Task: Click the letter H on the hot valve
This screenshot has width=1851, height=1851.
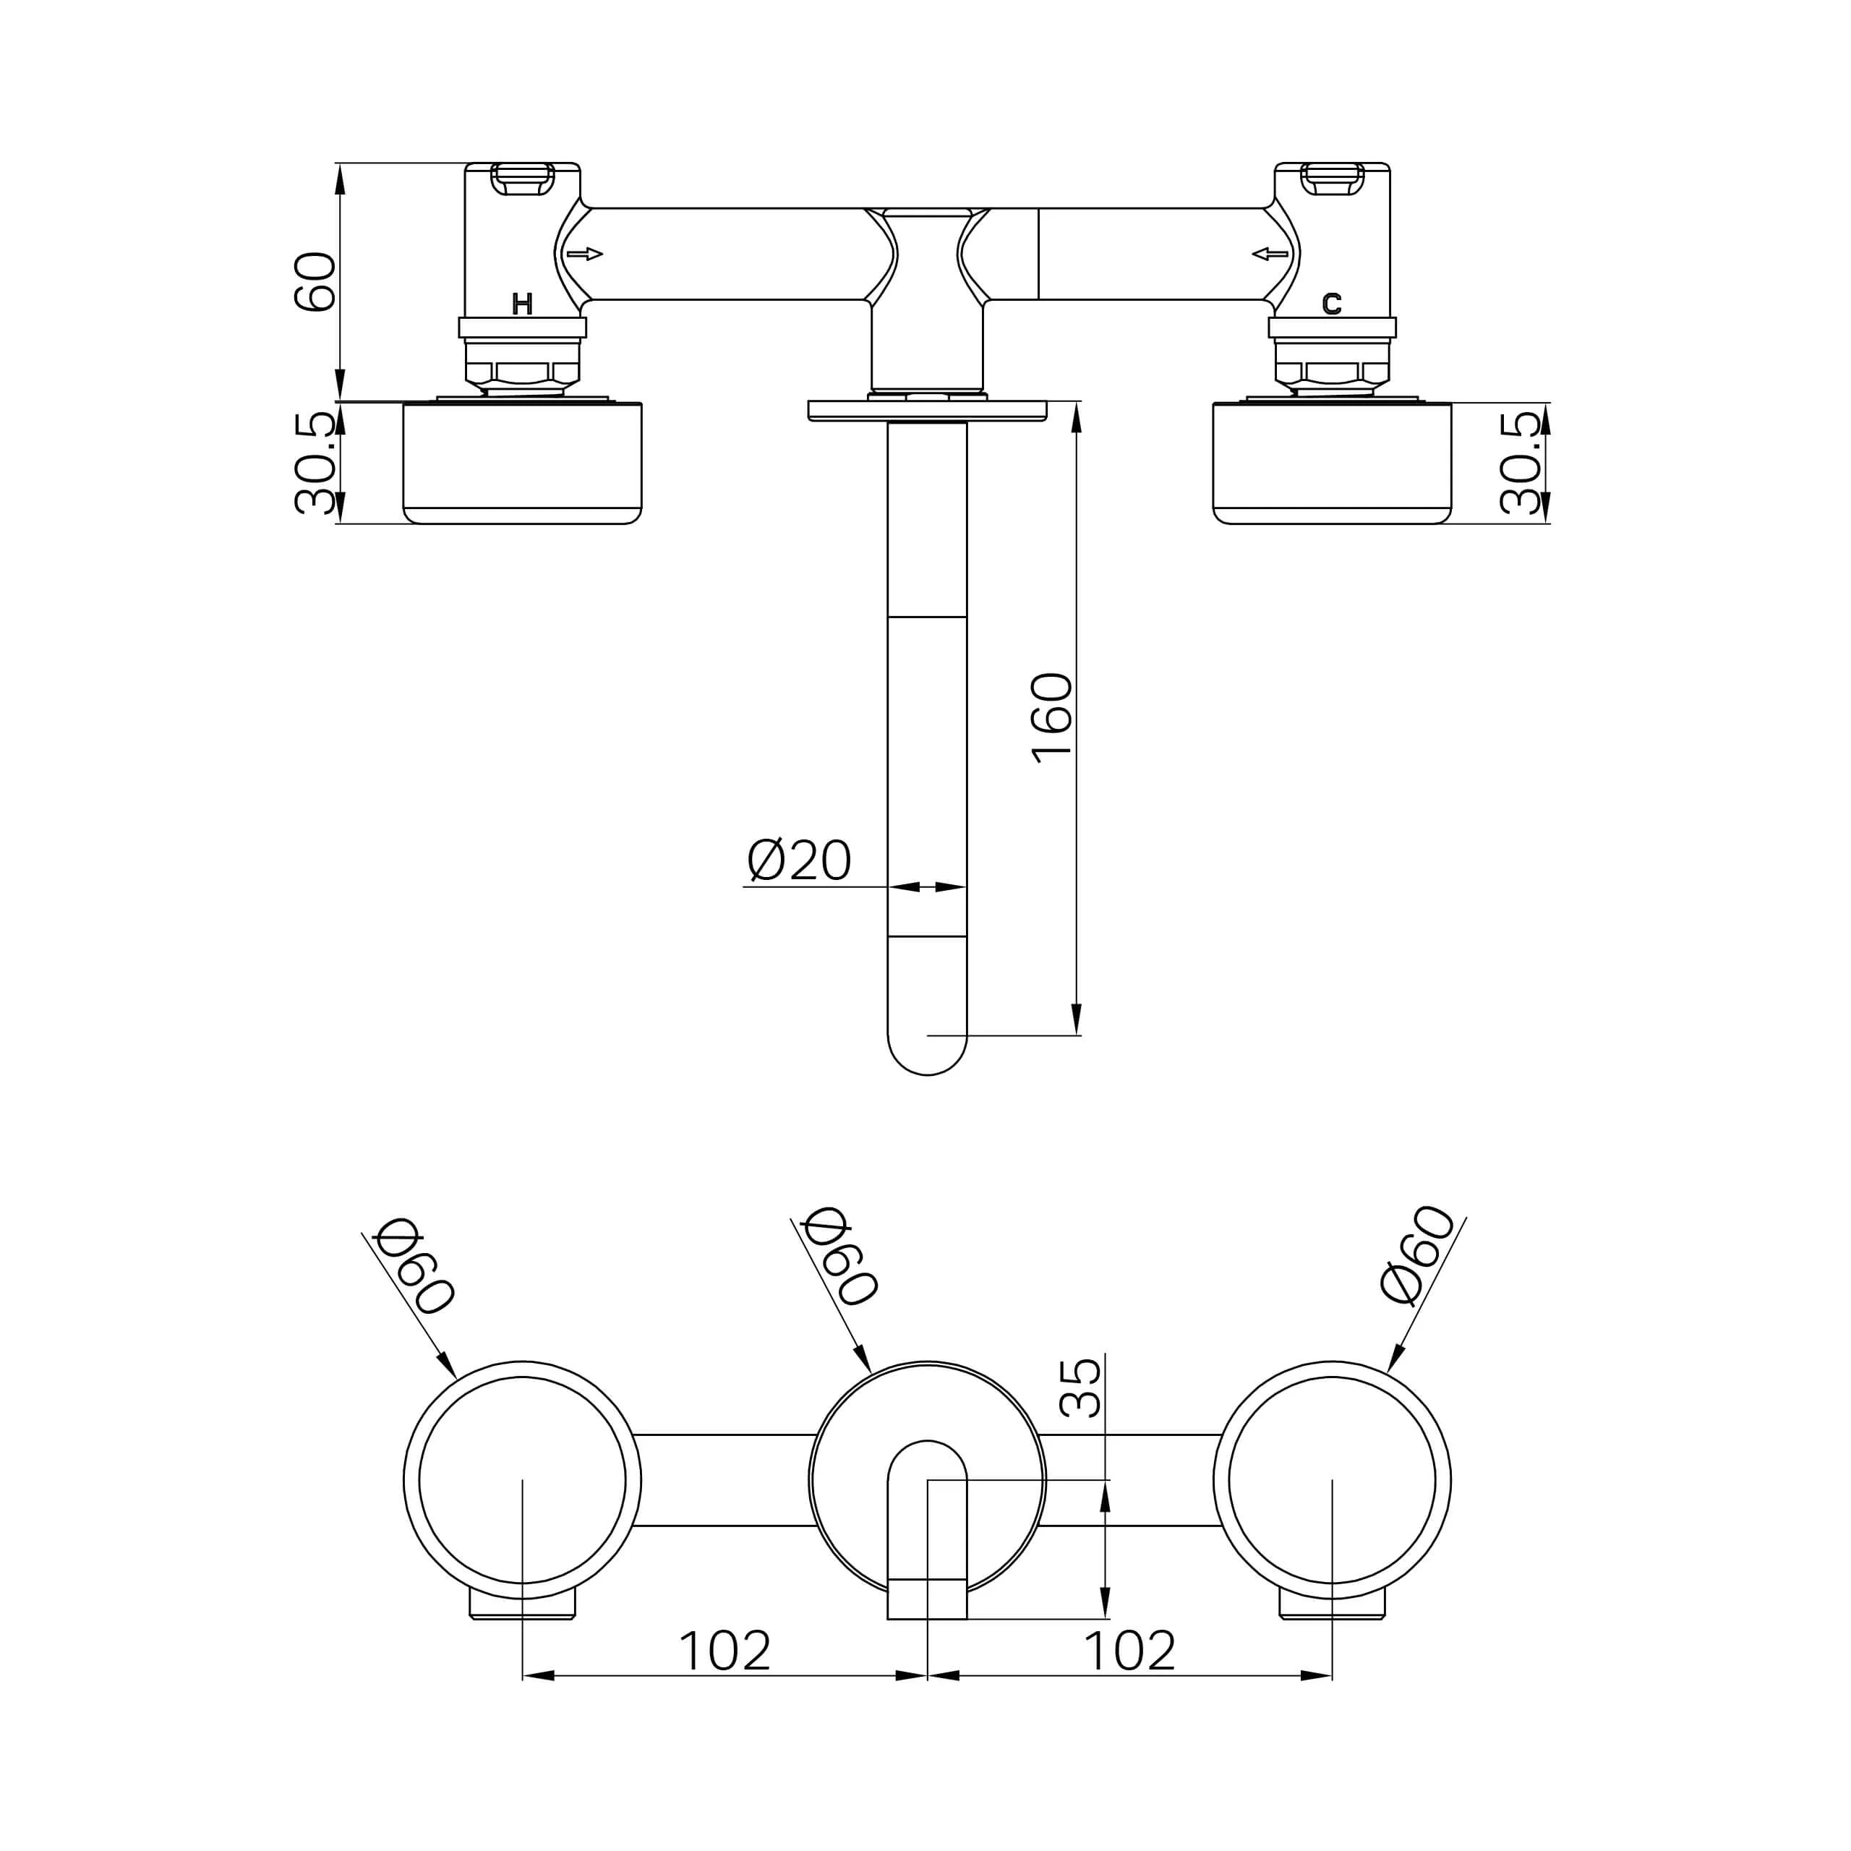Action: click(x=522, y=304)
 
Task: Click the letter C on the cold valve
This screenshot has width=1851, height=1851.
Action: click(x=1332, y=304)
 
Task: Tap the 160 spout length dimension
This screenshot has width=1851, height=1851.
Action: click(x=1052, y=719)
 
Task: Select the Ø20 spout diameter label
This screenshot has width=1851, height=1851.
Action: click(x=799, y=860)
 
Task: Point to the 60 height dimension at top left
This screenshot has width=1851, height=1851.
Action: click(x=315, y=282)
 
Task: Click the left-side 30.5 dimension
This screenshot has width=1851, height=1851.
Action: click(x=316, y=463)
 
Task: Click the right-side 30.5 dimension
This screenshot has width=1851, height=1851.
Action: click(x=1521, y=463)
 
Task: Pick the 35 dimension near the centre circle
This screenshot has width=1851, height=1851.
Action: click(x=1081, y=1388)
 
